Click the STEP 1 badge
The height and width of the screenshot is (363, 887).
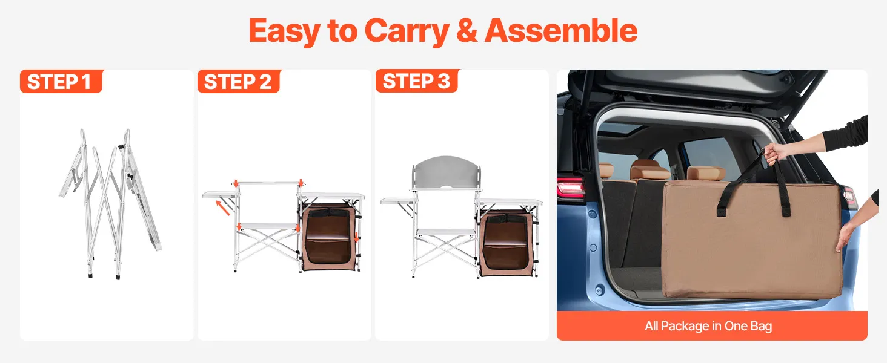click(61, 82)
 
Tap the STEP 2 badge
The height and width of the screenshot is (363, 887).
click(239, 82)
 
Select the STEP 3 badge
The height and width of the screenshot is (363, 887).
click(417, 81)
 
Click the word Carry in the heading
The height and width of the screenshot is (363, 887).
click(407, 31)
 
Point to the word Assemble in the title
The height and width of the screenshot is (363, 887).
click(561, 30)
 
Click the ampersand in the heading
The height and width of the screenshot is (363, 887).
click(467, 30)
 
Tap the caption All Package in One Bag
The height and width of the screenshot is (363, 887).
click(708, 326)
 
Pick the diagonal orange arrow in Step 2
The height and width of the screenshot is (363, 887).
click(222, 208)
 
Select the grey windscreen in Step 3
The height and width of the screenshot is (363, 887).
click(447, 173)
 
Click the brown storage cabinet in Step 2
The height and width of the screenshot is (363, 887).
click(328, 237)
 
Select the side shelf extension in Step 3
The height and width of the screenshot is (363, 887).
click(397, 201)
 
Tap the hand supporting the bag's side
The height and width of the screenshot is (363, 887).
click(845, 236)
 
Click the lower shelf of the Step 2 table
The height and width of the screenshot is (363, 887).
click(268, 226)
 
